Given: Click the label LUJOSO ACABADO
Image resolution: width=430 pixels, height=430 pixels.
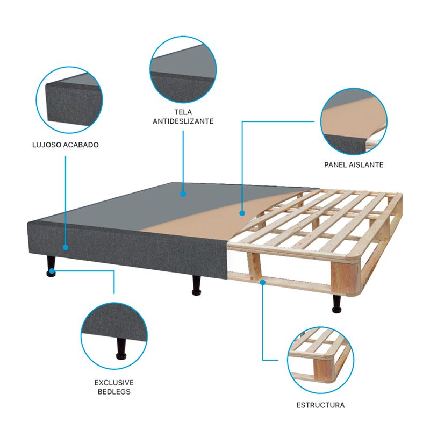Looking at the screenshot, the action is click(66, 145).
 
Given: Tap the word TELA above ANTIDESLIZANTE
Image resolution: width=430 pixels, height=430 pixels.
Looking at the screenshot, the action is click(183, 112).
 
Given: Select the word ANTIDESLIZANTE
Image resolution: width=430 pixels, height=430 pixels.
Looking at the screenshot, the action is click(183, 121).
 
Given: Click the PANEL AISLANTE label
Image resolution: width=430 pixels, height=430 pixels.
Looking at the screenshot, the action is click(354, 165).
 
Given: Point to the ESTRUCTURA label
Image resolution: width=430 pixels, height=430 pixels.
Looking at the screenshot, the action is click(320, 405).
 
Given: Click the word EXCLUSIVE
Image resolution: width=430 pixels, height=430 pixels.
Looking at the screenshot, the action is click(114, 383).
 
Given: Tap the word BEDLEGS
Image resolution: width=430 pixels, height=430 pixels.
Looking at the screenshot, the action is click(114, 392).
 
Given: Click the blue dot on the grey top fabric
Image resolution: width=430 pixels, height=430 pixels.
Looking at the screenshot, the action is click(183, 194).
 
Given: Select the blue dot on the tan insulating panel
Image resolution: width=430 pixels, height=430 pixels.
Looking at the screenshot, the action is click(242, 213).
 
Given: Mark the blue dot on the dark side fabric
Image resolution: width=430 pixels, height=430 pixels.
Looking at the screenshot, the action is click(66, 247).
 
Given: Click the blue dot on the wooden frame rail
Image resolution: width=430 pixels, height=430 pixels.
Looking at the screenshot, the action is click(263, 282).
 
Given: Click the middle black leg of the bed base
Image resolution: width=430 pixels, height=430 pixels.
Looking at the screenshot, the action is click(196, 285).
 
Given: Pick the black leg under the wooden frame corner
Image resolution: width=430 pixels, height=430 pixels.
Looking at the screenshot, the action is click(337, 304).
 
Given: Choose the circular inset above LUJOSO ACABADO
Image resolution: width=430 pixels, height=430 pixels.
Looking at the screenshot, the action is click(69, 100).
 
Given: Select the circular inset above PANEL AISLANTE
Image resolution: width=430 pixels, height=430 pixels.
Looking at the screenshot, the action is click(354, 121).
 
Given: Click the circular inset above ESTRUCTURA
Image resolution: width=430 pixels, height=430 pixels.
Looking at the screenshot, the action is click(320, 360).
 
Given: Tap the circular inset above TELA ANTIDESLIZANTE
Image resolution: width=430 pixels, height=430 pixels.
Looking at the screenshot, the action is click(183, 70).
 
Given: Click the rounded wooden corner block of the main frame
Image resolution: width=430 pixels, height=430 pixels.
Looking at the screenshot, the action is click(346, 276).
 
